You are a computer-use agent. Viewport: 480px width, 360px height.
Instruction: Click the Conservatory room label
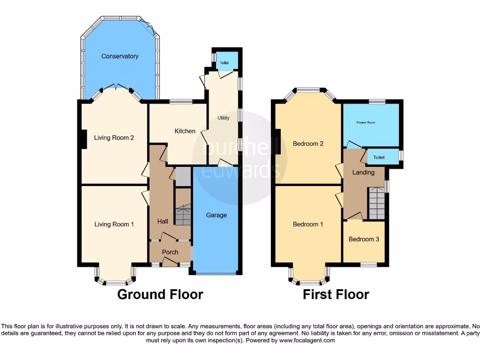[x=120, y=56]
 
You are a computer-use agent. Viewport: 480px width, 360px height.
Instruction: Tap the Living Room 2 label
[x=114, y=138]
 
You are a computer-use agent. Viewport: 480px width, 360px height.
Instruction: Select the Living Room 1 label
[x=114, y=225]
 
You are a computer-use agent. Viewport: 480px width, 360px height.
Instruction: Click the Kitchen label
[x=185, y=131]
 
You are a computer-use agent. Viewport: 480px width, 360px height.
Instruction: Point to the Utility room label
[x=224, y=118]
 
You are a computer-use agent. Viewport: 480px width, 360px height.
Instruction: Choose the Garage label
[x=216, y=215]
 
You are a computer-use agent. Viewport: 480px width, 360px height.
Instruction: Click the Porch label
[x=170, y=252]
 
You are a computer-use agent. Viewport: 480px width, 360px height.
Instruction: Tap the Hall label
[x=163, y=221]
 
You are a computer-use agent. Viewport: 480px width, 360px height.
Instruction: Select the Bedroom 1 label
[x=308, y=225]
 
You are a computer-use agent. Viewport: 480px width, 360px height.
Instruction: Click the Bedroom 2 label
[x=308, y=144]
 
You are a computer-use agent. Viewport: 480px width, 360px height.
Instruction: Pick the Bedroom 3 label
[x=364, y=240]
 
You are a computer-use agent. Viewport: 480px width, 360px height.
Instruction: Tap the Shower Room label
[x=366, y=123]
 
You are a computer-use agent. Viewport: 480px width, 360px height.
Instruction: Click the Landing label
[x=363, y=172]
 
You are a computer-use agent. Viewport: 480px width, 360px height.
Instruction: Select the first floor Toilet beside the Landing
[x=379, y=157]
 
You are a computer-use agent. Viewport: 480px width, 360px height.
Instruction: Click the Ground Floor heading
[x=160, y=294]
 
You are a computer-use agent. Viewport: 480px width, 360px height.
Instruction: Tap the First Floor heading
[x=336, y=294]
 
